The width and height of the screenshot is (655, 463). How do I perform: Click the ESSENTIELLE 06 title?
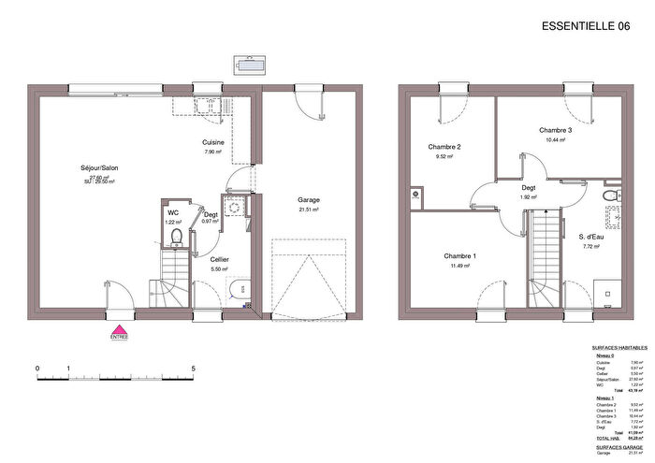tap(586, 26)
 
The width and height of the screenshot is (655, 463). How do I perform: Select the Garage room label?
tap(309, 200)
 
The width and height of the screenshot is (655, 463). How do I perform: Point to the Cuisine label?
tap(213, 141)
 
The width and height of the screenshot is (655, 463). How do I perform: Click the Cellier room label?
tap(220, 258)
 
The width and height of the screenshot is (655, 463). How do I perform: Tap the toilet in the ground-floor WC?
tap(175, 236)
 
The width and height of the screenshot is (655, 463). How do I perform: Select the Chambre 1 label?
tap(459, 255)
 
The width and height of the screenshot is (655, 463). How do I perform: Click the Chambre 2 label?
tap(444, 147)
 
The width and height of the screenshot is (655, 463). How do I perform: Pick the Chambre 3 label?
tap(555, 130)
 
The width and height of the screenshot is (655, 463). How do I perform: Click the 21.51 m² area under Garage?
tap(309, 210)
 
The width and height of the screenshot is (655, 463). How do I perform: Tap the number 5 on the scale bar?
tap(193, 369)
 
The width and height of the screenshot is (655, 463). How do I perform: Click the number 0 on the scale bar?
tap(37, 369)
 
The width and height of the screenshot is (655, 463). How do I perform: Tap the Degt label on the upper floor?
tap(529, 187)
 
